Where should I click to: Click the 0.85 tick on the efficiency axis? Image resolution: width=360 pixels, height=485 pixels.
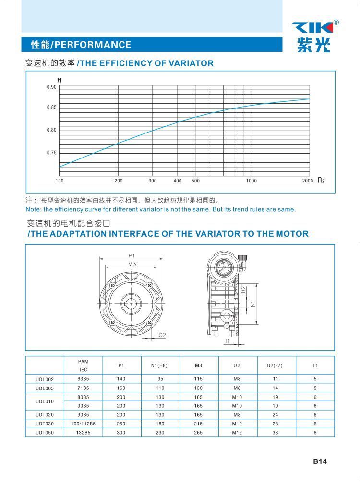51,108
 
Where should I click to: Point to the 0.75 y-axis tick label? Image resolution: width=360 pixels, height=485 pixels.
51,153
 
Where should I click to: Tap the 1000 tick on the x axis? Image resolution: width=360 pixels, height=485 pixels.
252,181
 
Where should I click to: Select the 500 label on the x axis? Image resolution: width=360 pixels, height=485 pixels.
195,181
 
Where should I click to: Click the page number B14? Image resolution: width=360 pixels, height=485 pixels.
320,461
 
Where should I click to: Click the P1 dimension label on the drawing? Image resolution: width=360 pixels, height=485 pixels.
132,255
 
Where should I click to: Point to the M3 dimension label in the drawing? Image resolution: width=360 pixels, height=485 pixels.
132,264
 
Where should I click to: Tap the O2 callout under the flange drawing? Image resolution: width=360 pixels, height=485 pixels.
162,335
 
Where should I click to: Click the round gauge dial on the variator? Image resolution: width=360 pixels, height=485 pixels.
225,268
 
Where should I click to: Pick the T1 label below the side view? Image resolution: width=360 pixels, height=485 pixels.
228,341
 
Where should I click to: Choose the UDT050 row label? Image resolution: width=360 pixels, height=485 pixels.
45,433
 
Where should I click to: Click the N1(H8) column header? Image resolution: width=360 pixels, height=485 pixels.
160,366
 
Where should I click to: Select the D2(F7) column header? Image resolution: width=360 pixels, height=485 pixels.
275,366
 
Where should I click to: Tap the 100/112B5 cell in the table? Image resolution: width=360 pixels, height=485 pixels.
83,424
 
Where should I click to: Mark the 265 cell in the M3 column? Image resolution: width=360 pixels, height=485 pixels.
199,433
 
